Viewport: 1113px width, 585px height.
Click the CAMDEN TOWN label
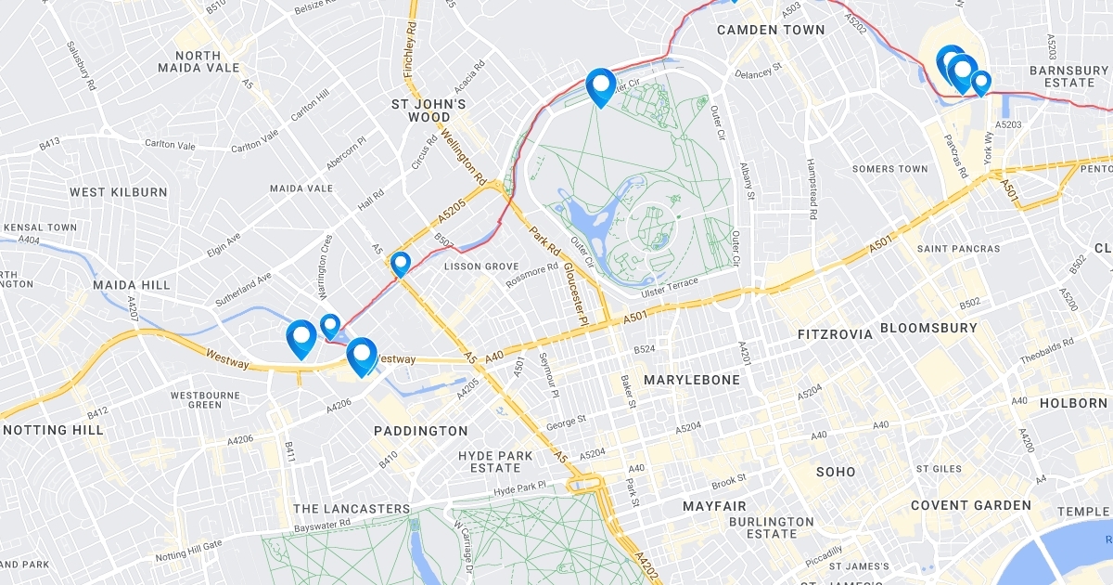(x=771, y=30)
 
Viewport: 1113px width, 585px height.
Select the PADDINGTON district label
(x=421, y=431)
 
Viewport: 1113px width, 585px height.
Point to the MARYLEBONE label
(x=692, y=380)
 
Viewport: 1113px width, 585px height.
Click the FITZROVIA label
(x=836, y=333)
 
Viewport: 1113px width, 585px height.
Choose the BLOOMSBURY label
(x=928, y=328)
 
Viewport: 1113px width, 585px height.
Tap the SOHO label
(x=836, y=472)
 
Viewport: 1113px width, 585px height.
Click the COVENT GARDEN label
(x=970, y=505)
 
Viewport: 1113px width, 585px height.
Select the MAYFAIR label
(x=714, y=506)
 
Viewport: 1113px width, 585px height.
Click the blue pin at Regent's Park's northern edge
(x=601, y=86)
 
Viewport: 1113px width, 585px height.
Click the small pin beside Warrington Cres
(x=330, y=326)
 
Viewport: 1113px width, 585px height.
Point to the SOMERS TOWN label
(x=889, y=169)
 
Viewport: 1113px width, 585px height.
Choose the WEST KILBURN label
(x=119, y=192)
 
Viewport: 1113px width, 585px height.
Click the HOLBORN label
(x=1073, y=403)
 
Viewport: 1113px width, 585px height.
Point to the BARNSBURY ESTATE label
(x=1063, y=76)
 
